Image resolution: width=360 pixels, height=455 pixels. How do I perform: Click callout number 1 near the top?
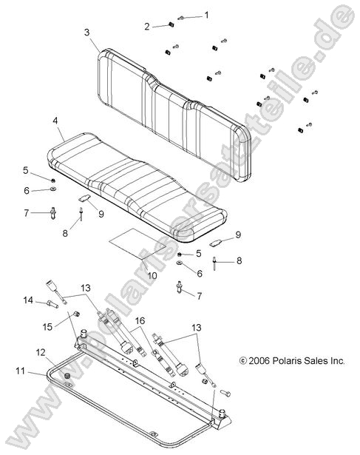click(x=206, y=15)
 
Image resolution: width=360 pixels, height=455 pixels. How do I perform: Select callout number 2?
click(x=147, y=27)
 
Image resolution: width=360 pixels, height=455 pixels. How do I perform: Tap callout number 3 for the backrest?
click(x=86, y=33)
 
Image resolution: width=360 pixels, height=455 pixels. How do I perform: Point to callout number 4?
click(x=55, y=120)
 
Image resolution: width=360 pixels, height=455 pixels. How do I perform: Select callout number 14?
click(x=28, y=300)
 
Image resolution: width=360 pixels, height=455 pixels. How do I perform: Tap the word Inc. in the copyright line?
click(x=336, y=362)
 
